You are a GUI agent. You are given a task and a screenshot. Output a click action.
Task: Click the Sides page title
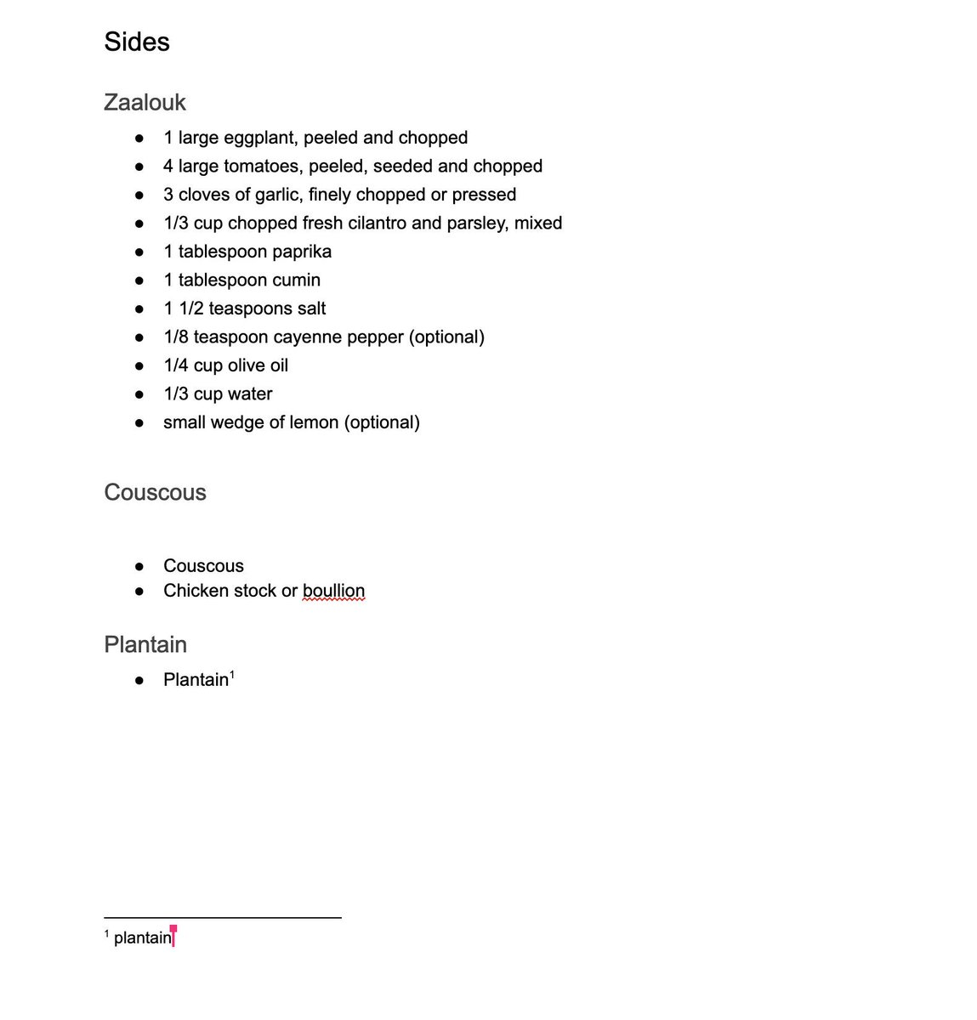coord(137,42)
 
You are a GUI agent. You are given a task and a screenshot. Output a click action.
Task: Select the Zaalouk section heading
coord(145,102)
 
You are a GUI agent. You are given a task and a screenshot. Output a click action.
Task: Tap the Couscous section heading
coord(155,492)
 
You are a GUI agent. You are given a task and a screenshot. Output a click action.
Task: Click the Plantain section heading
coord(145,644)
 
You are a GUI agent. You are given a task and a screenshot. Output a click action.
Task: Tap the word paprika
coord(302,252)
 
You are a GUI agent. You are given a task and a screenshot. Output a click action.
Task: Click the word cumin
coord(297,280)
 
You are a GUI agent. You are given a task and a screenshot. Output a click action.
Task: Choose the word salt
coord(310,309)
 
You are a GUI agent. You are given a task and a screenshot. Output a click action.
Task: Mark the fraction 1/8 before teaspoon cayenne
coord(176,337)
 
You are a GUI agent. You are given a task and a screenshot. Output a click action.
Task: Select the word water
coord(250,394)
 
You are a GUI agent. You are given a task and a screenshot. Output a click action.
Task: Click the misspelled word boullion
coord(333,591)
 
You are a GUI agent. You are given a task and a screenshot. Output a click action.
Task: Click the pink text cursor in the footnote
coord(173,937)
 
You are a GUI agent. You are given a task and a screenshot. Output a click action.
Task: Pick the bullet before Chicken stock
coord(139,592)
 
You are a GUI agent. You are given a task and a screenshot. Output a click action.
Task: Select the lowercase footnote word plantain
coord(142,938)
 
